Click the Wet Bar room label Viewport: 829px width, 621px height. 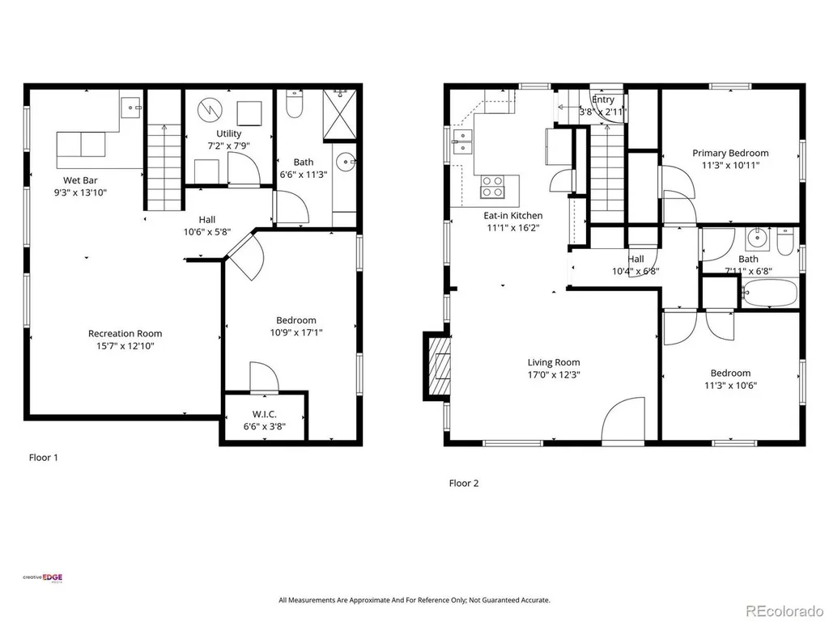coord(80,180)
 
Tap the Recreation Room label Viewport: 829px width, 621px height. coord(125,333)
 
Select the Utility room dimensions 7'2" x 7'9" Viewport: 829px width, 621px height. coord(229,146)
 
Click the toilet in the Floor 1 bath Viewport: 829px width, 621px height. coord(293,104)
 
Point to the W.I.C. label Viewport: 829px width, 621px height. coord(265,414)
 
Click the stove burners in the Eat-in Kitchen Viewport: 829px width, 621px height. coord(492,187)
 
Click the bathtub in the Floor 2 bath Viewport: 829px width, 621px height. coord(769,292)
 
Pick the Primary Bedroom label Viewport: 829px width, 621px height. coord(731,153)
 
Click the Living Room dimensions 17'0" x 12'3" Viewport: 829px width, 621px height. coord(554,375)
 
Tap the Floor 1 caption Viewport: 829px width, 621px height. coord(44,458)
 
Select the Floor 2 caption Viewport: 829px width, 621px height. coord(464,484)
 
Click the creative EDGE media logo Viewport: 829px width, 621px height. coord(42,577)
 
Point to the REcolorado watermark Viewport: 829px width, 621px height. coord(784,611)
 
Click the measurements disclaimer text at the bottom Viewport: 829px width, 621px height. coord(414,601)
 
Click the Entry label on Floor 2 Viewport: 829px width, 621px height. coord(603,99)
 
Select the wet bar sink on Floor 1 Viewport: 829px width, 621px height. coord(131,108)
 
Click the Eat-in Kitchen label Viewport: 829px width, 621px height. coord(512,215)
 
